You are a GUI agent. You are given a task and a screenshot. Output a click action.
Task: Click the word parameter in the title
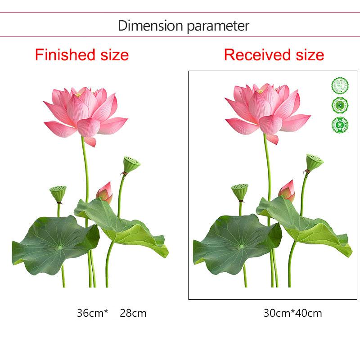pyautogui.click(x=217, y=26)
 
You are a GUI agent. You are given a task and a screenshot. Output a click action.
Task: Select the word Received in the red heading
pyautogui.click(x=255, y=55)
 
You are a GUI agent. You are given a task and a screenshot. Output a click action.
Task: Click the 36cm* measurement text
pyautogui.click(x=93, y=313)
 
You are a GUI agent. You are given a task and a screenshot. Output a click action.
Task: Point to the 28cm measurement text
pyautogui.click(x=133, y=313)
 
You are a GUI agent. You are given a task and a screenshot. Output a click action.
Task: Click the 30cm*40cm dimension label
pyautogui.click(x=292, y=313)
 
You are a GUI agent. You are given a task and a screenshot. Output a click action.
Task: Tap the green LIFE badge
pyautogui.click(x=340, y=85)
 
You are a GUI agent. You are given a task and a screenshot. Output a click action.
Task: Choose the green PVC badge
pyautogui.click(x=340, y=105)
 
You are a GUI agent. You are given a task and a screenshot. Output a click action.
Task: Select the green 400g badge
pyautogui.click(x=340, y=125)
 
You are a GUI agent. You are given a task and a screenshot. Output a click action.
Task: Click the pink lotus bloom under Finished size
pyautogui.click(x=85, y=112)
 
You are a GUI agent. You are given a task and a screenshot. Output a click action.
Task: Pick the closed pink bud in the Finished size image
pyautogui.click(x=105, y=193)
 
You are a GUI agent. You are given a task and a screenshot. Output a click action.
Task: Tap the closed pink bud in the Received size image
pyautogui.click(x=287, y=191)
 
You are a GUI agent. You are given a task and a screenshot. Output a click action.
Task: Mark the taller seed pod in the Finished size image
pyautogui.click(x=129, y=164)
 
